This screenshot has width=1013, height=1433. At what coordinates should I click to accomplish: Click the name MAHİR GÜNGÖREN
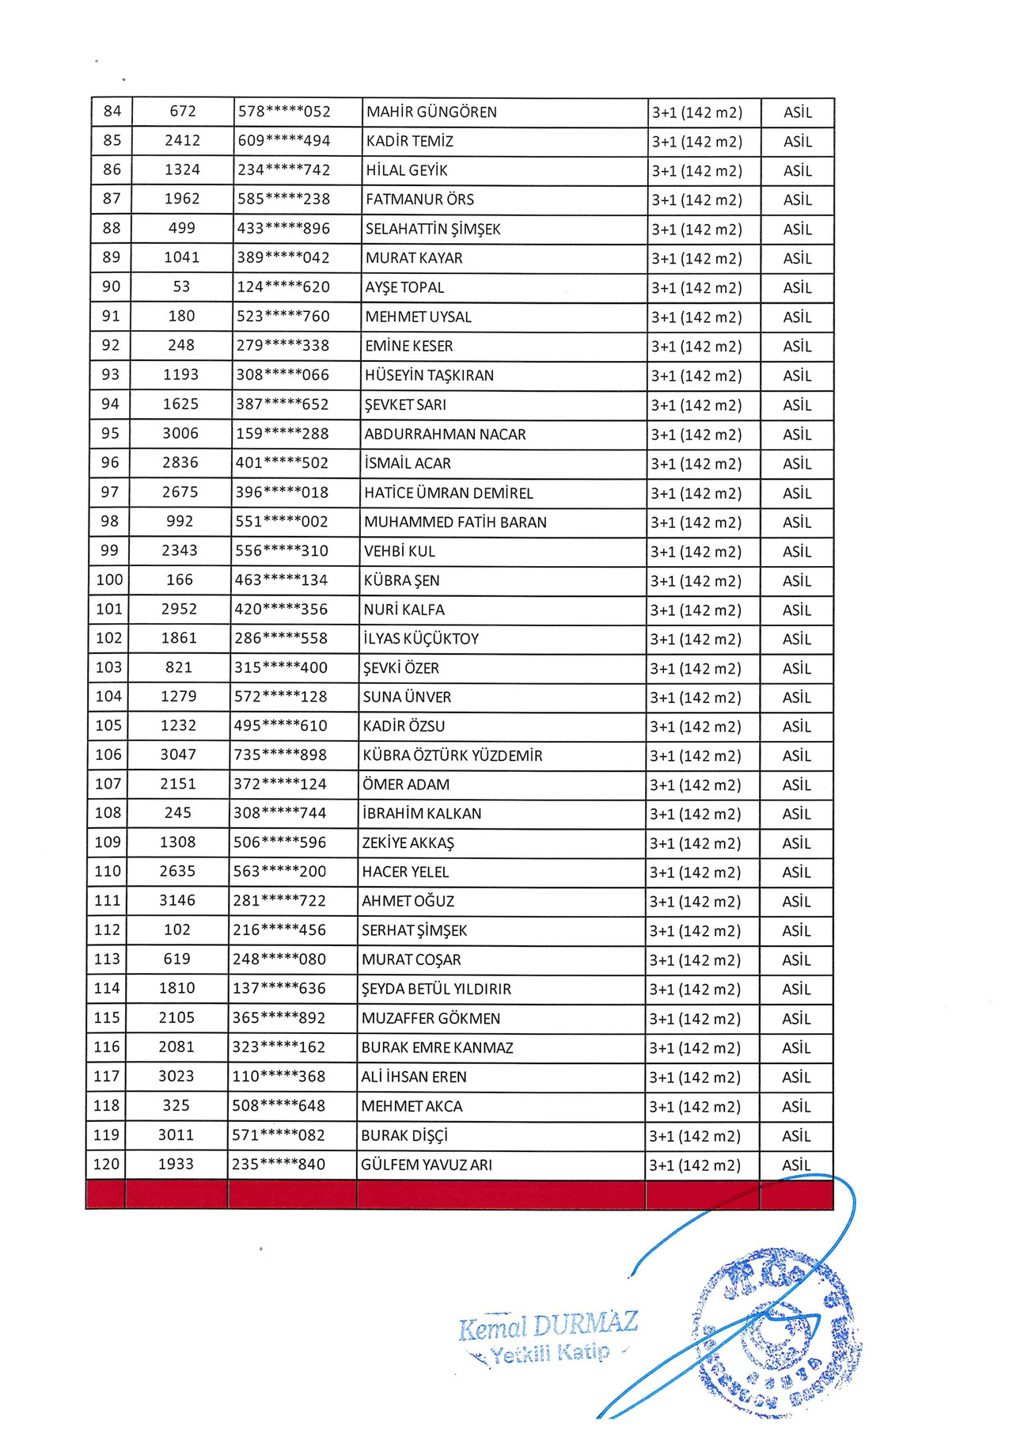tap(431, 112)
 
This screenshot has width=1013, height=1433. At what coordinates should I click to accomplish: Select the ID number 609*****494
tap(284, 141)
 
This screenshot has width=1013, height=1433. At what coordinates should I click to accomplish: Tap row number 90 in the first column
tap(111, 287)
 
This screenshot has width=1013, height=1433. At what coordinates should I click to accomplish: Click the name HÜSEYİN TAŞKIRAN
tap(429, 375)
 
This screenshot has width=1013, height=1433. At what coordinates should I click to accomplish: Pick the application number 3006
tap(180, 433)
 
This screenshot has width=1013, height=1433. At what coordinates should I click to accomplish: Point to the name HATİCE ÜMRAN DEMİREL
tap(449, 492)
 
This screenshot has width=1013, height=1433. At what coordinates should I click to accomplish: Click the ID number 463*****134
tap(281, 580)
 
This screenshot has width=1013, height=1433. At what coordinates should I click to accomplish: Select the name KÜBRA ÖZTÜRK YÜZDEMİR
tap(453, 755)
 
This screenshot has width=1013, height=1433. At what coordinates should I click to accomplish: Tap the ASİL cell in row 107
tap(796, 785)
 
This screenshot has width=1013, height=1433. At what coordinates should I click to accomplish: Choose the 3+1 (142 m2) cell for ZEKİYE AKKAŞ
tap(695, 843)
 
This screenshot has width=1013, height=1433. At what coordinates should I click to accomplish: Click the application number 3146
tap(177, 900)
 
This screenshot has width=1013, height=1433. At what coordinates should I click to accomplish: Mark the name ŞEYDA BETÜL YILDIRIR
tap(436, 989)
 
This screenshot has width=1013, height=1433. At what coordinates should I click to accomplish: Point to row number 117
tap(107, 1076)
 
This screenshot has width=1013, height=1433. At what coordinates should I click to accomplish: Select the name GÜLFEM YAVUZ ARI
tap(427, 1165)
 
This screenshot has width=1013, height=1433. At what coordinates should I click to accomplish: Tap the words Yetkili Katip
tap(550, 1353)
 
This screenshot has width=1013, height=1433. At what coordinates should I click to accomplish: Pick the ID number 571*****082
tap(279, 1135)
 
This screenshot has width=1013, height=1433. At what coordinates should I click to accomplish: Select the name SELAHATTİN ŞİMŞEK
tap(433, 229)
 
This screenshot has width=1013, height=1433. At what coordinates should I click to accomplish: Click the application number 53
tap(181, 287)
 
